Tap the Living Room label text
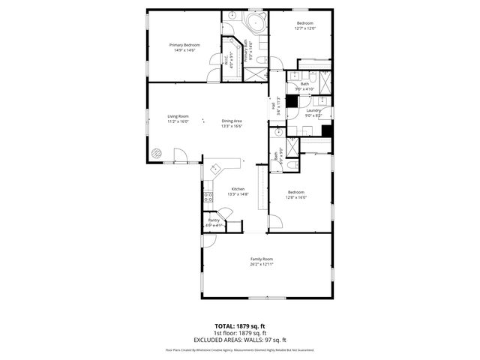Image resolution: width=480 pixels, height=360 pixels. click(x=178, y=116)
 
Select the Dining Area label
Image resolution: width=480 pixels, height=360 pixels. click(x=231, y=121)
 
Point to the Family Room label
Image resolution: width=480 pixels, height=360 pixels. click(x=262, y=259)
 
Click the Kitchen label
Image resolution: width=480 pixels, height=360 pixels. click(x=238, y=188)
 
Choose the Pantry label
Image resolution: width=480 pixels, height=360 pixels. click(x=214, y=220)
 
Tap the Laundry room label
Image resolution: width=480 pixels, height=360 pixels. click(x=313, y=110)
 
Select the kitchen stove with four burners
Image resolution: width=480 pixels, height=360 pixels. click(x=208, y=197)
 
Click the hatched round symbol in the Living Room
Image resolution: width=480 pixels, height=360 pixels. click(x=157, y=153)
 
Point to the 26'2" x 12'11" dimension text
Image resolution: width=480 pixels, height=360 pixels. click(x=262, y=264)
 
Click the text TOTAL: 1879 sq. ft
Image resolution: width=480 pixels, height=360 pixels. click(x=240, y=326)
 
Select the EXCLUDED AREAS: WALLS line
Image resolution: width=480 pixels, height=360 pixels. click(x=240, y=339)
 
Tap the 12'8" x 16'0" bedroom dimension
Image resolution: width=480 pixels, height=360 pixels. click(x=296, y=198)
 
